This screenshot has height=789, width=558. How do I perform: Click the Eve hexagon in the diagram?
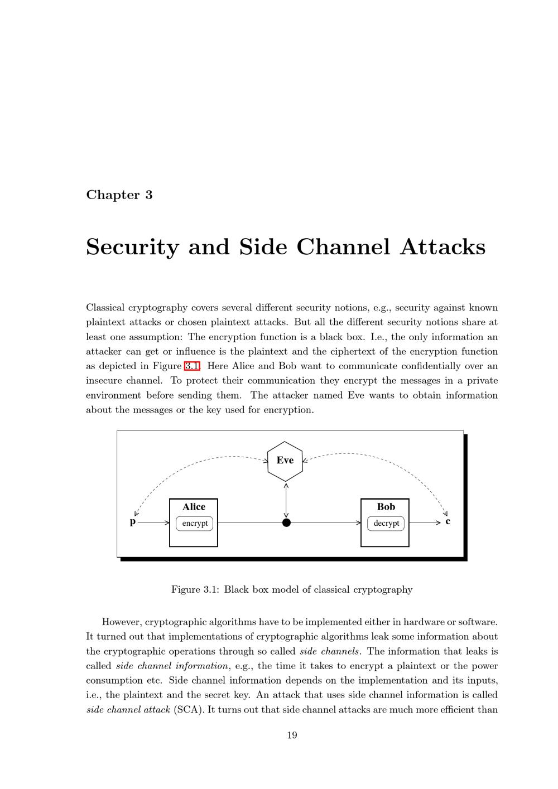(285, 461)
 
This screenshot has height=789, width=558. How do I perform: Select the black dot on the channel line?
(286, 522)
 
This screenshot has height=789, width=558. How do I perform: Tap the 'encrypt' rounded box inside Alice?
(195, 524)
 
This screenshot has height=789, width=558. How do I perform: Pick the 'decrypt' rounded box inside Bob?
(386, 524)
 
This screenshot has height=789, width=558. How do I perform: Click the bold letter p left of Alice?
(133, 522)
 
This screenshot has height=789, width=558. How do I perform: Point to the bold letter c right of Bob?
(448, 522)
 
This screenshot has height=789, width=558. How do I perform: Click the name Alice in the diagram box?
(194, 507)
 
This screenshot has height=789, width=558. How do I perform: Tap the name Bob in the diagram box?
(386, 507)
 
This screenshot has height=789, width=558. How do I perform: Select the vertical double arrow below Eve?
(286, 500)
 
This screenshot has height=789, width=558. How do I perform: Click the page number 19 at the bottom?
(292, 735)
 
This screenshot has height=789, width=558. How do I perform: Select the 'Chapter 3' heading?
(119, 195)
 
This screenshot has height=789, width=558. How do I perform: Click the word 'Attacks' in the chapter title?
(442, 247)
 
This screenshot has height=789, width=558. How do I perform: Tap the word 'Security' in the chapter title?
(133, 247)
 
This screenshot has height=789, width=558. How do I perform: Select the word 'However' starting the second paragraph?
(121, 622)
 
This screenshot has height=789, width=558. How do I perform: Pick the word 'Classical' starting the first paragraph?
(105, 308)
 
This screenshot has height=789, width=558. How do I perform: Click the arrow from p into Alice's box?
(153, 523)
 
